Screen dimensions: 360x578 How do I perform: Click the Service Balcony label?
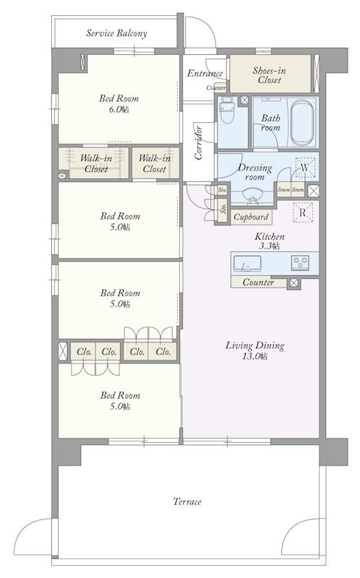pyautogui.click(x=116, y=33)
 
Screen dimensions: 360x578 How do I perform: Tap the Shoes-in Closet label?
pyautogui.click(x=269, y=75)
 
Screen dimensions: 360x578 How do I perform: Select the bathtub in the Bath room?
pyautogui.click(x=302, y=124)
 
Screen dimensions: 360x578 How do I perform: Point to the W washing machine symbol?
pyautogui.click(x=304, y=168)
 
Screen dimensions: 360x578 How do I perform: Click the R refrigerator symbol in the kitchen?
pyautogui.click(x=303, y=212)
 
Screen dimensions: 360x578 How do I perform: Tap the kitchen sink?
pyautogui.click(x=247, y=263)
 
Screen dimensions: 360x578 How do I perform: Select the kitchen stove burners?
pyautogui.click(x=300, y=263)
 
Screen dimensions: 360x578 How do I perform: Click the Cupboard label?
pyautogui.click(x=251, y=217)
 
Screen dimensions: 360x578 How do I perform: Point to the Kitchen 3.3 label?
pyautogui.click(x=270, y=241)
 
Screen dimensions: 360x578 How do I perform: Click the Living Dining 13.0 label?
pyautogui.click(x=255, y=350)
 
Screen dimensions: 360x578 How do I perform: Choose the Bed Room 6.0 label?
pyautogui.click(x=119, y=103)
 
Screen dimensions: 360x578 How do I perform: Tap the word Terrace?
pyautogui.click(x=187, y=501)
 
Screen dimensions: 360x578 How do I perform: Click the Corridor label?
pyautogui.click(x=199, y=142)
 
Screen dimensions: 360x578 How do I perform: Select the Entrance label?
pyautogui.click(x=205, y=73)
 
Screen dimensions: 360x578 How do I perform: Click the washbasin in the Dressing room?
pyautogui.click(x=253, y=194)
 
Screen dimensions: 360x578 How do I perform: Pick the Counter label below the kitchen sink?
pyautogui.click(x=258, y=282)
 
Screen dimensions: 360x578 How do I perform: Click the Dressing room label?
pyautogui.click(x=255, y=172)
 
